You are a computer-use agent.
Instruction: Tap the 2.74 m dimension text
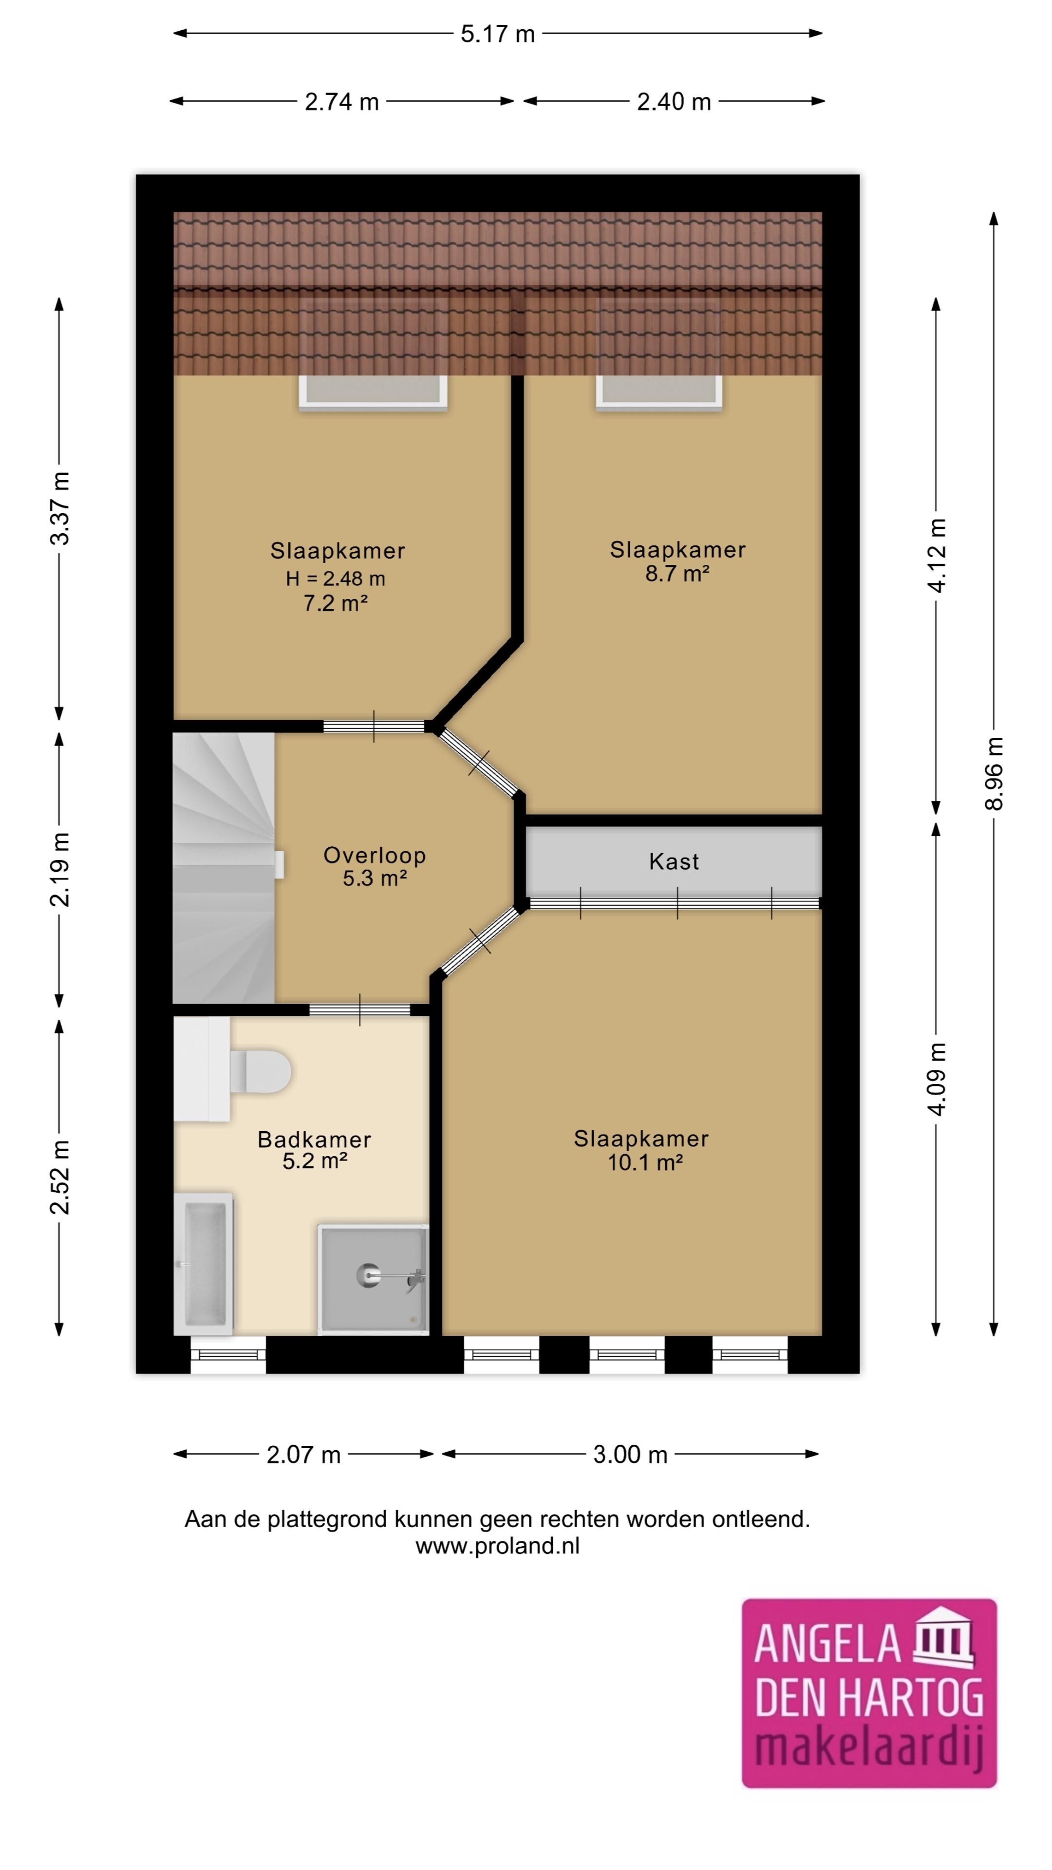point(342,102)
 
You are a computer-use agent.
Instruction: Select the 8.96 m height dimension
point(994,774)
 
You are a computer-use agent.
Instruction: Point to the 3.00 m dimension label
point(630,1455)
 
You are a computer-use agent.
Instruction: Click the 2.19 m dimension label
point(59,870)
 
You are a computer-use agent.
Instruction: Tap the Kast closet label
point(674,861)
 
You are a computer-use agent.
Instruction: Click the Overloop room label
point(375,855)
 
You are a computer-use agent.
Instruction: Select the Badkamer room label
point(314,1140)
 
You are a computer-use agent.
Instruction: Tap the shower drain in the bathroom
point(369,1275)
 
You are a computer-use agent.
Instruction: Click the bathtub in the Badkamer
point(203,1264)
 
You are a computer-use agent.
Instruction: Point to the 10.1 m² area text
point(645,1163)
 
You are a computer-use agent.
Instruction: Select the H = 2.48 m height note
point(336,579)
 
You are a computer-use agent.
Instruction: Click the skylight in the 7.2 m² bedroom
point(373,392)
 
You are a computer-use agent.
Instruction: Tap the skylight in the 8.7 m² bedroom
point(659,392)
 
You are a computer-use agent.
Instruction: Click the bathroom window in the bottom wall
point(228,1355)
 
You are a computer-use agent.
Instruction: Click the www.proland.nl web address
point(497,1546)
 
